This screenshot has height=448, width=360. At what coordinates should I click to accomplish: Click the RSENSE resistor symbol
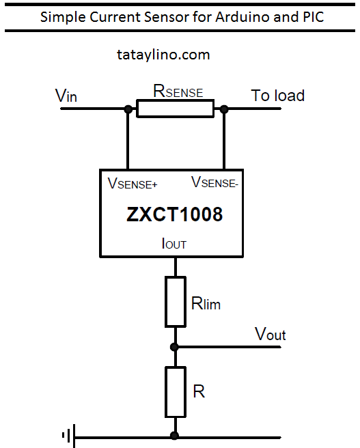175,109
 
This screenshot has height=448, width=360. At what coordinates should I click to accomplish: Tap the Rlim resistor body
175,301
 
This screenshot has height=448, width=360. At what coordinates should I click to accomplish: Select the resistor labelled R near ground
175,391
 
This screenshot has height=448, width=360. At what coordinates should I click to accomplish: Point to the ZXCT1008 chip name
175,214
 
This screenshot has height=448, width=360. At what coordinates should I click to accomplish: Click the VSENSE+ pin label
133,184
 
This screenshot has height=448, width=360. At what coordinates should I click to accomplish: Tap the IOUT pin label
174,243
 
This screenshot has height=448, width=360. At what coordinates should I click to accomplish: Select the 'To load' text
277,95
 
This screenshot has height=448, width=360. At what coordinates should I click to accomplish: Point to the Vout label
270,334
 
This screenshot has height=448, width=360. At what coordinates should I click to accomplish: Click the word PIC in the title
311,17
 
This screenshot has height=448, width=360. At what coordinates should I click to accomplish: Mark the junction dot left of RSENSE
128,109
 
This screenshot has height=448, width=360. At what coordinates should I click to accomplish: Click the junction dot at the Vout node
175,346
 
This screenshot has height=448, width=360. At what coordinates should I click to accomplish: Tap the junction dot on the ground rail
175,435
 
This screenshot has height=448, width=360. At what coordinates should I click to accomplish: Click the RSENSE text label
178,91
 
